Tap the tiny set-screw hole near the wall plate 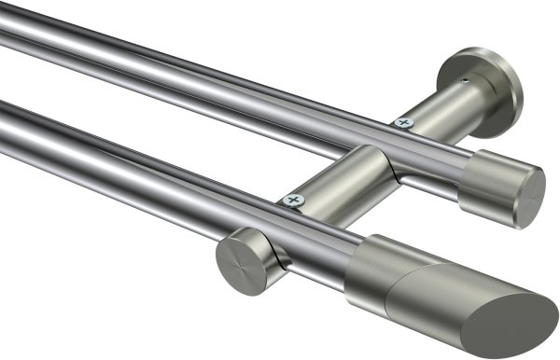[x=464, y=82]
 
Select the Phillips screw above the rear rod [x=404, y=122]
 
